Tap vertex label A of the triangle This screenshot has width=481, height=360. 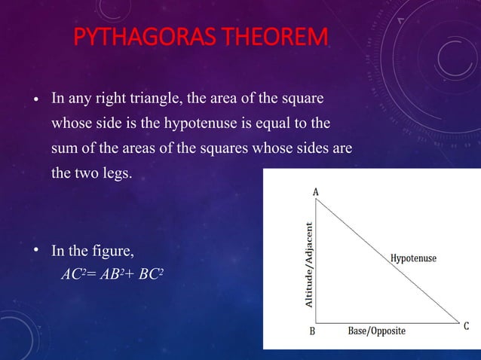[316, 193]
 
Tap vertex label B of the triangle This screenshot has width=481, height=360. [311, 331]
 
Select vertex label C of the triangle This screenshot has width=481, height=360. [467, 326]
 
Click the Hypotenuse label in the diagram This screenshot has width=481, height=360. [413, 258]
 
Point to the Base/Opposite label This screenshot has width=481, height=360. [376, 331]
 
